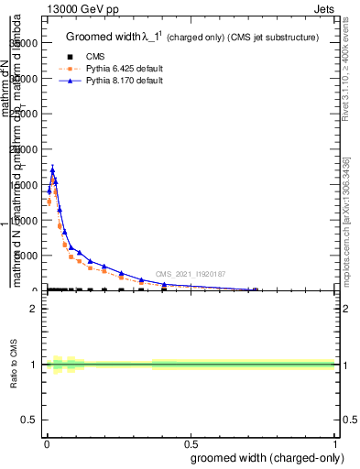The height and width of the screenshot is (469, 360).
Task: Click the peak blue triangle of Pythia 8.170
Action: coord(53,169)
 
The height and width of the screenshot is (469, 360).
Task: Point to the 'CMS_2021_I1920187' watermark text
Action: coord(190,274)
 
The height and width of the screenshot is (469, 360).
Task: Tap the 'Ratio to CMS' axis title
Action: coord(15,365)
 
